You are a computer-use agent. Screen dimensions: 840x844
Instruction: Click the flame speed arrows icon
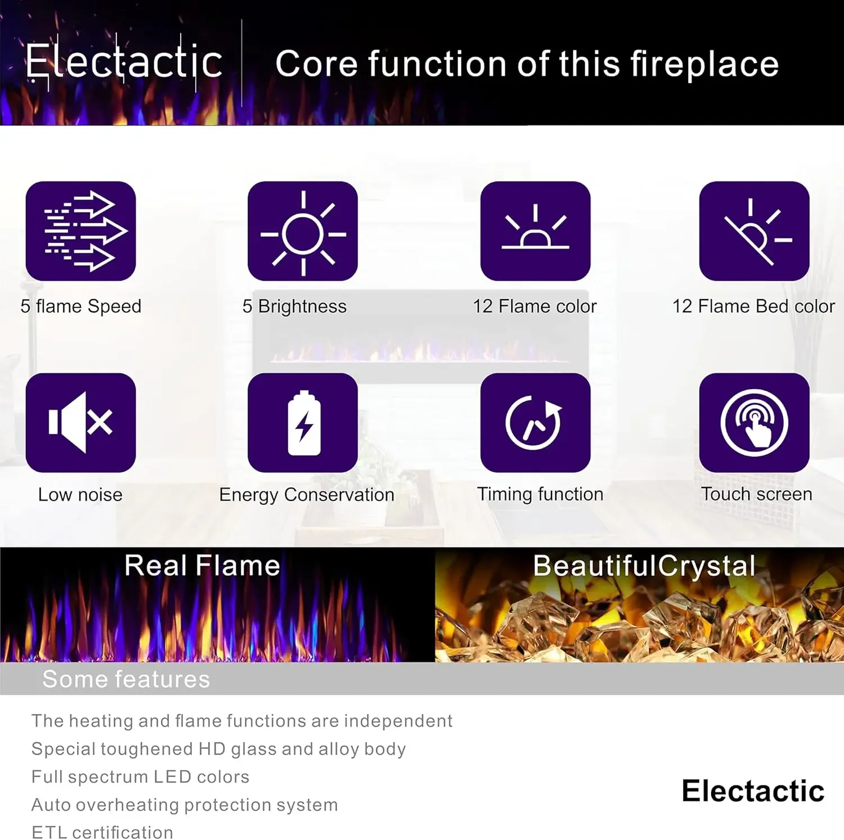[x=81, y=231]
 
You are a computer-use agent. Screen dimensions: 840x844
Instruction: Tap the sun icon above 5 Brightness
[x=303, y=231]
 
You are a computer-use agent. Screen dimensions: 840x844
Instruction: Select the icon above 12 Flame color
[x=535, y=231]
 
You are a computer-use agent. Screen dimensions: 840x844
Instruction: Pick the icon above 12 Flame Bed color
[x=754, y=231]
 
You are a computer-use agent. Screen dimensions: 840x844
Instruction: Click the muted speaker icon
[x=81, y=422]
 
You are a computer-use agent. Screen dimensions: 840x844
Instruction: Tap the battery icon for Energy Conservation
[x=303, y=422]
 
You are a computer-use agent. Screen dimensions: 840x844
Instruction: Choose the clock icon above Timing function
[x=535, y=422]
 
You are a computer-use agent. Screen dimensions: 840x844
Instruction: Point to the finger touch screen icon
[x=754, y=422]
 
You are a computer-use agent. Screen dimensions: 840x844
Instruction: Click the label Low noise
[x=80, y=495]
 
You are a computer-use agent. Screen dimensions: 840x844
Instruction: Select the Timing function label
[x=540, y=494]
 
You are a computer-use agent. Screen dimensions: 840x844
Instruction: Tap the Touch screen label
[x=756, y=494]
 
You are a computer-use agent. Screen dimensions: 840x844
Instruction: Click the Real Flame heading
[x=202, y=566]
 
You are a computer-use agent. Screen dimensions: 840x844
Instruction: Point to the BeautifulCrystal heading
[x=644, y=566]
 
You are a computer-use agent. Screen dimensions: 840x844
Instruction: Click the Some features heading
[x=126, y=679]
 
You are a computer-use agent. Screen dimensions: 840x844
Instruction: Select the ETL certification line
[x=102, y=832]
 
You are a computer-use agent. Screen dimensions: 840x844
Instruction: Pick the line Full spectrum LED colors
[x=140, y=777]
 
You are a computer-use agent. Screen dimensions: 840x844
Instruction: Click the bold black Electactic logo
[x=753, y=791]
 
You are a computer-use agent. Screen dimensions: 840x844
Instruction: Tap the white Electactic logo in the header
[x=124, y=62]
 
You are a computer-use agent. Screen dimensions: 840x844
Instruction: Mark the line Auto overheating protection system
[x=185, y=805]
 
